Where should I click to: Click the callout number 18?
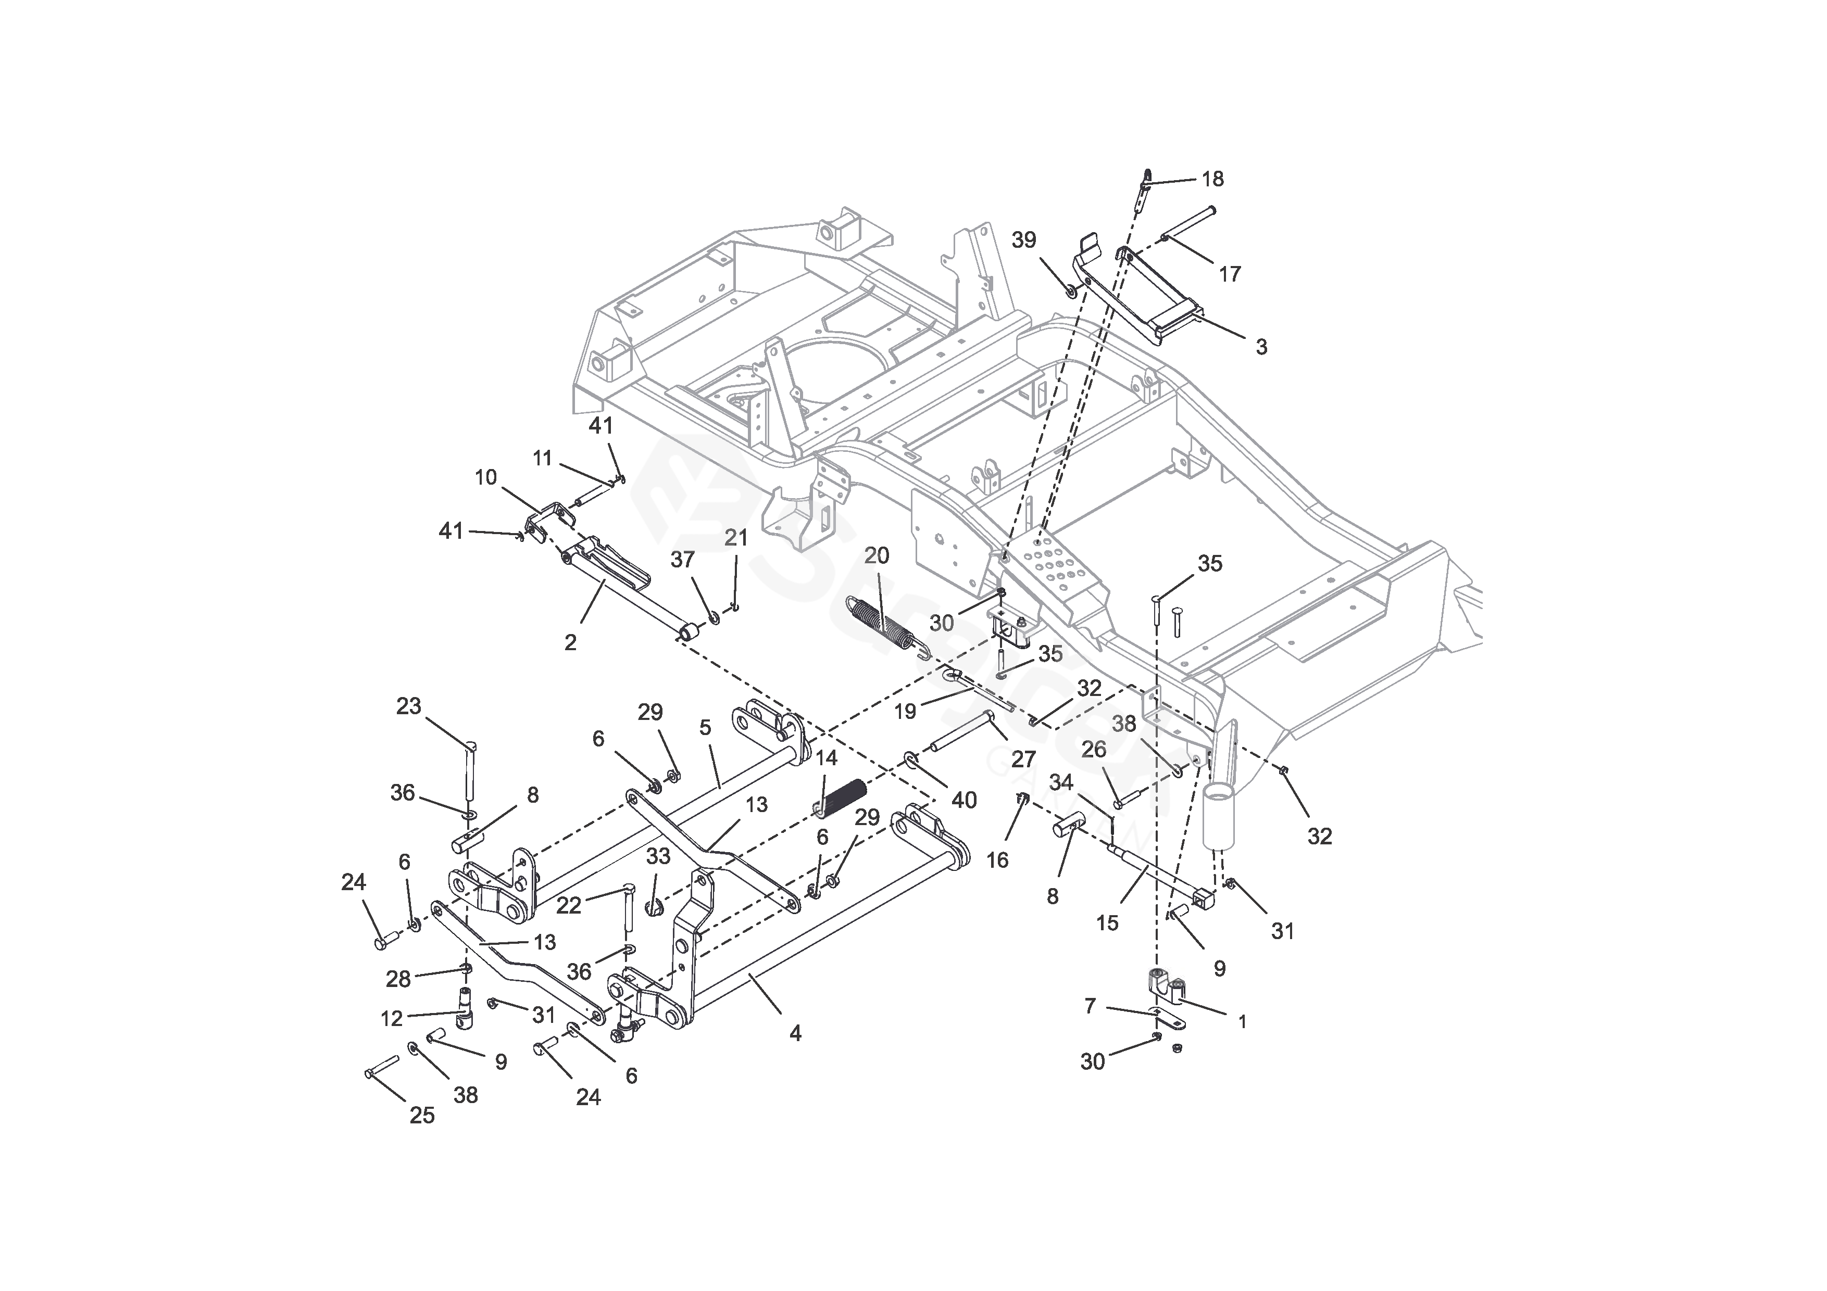[x=1212, y=179]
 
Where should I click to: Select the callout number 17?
[x=1230, y=274]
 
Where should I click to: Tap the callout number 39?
[x=1024, y=240]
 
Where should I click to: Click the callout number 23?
[x=408, y=706]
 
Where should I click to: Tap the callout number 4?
[x=795, y=1033]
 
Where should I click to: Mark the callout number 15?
[x=1107, y=923]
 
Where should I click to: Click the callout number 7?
[x=1090, y=1006]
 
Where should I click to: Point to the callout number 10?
[x=485, y=477]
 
